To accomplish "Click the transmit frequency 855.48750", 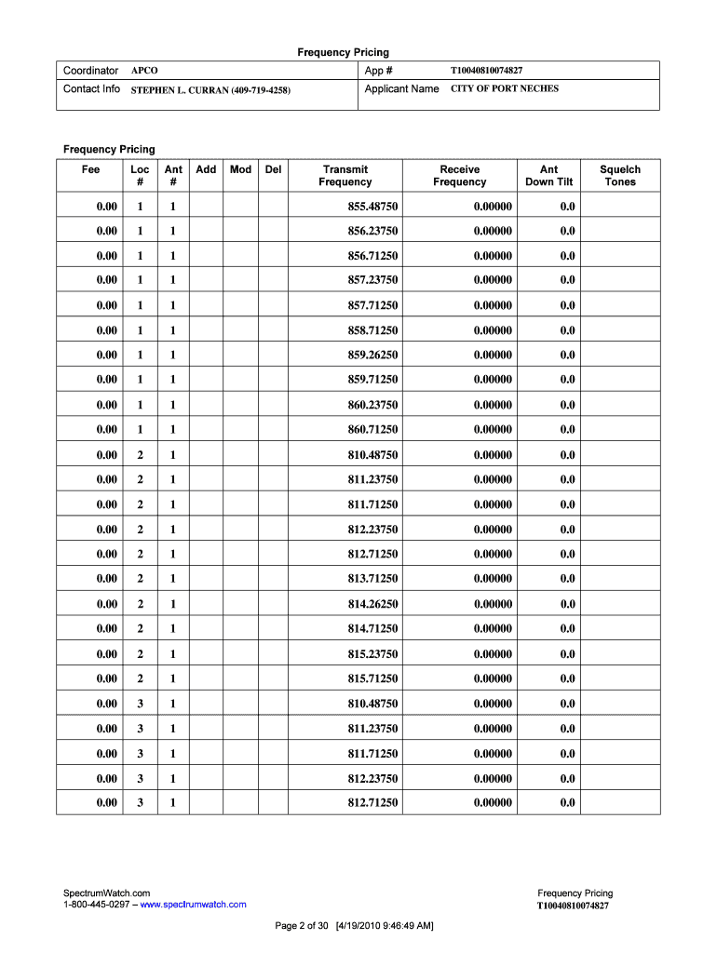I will [x=372, y=206].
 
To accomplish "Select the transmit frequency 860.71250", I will [x=372, y=430].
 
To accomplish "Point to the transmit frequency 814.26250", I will [x=372, y=604].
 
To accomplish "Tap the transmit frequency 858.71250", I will [x=372, y=330].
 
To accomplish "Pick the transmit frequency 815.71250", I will [x=372, y=678].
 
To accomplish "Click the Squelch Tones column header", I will [x=619, y=176].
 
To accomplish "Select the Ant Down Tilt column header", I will [x=548, y=176].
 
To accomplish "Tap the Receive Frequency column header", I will [x=459, y=176].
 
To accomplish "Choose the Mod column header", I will [x=240, y=169].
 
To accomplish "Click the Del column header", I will [x=273, y=169].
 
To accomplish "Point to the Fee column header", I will [x=90, y=169].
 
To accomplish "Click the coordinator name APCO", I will [x=144, y=71].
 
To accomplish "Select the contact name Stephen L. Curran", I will [x=210, y=90].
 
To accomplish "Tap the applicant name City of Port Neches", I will [x=505, y=89].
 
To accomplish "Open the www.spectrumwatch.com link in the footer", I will [x=193, y=905].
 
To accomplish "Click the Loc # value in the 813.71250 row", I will [x=140, y=579].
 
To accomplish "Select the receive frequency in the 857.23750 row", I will [x=492, y=280].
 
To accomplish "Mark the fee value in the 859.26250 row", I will [x=106, y=356].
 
